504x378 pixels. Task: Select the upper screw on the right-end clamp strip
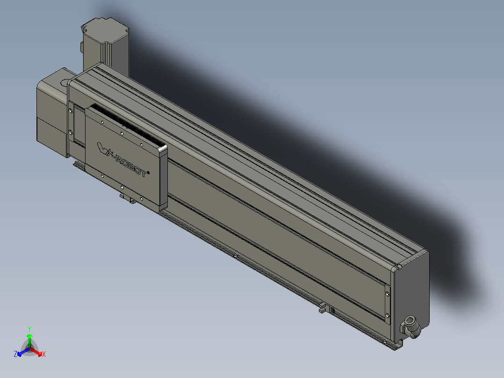coord(388,294)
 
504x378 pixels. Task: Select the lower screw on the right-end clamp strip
coord(388,316)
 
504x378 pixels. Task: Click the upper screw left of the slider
coord(71,111)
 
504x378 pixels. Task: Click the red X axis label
coord(44,355)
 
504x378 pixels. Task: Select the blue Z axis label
coord(15,354)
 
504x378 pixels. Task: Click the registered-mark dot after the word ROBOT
coord(148,172)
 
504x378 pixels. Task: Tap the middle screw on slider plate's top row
coord(121,133)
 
